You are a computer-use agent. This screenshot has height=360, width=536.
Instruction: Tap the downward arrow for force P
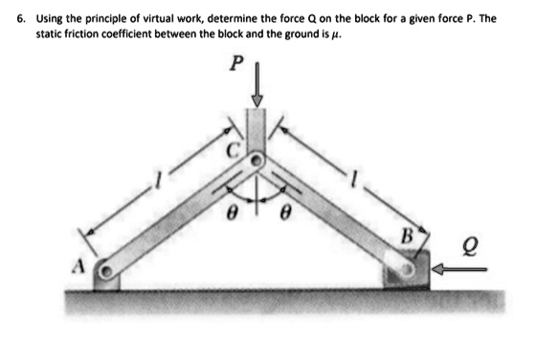click(x=256, y=87)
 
